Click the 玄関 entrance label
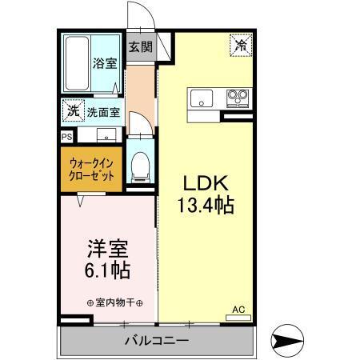141,46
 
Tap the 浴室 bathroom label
104,62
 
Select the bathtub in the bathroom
78,63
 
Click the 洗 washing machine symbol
73,111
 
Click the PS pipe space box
65,136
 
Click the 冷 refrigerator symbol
240,46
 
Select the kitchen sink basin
200,99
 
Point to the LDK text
206,181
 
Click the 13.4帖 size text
206,205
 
